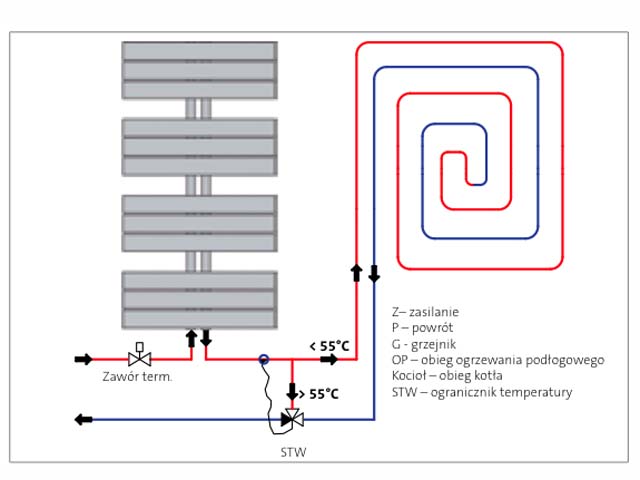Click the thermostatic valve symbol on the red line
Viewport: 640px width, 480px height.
click(140, 355)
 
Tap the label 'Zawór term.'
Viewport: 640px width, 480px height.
click(137, 376)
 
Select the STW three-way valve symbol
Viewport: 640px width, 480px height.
click(292, 418)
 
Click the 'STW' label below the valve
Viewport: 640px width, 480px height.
click(293, 452)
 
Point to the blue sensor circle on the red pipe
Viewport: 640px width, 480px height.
click(264, 359)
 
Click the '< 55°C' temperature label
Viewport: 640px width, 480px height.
click(329, 346)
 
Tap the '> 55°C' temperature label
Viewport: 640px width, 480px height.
click(319, 394)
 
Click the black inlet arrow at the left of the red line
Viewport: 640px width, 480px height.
click(84, 359)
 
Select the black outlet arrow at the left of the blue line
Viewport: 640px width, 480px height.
click(84, 419)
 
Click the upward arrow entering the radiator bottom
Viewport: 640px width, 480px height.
click(191, 338)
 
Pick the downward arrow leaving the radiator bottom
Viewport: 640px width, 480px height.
click(206, 338)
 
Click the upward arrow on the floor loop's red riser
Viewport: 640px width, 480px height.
click(356, 273)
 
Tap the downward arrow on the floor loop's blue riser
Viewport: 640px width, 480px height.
click(374, 273)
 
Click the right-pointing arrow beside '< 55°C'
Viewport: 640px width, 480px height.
click(329, 360)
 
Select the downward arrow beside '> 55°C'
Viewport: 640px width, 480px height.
click(292, 391)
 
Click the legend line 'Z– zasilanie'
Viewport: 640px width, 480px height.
click(425, 312)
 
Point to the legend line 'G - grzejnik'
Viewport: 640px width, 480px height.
click(424, 344)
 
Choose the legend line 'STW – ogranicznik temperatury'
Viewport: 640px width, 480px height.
click(482, 392)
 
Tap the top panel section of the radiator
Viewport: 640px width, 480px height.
click(200, 70)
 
